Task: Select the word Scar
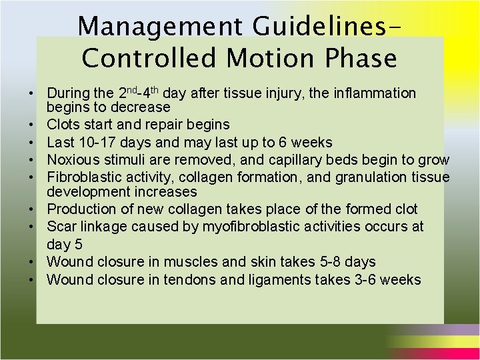61,227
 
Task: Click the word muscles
203,262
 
